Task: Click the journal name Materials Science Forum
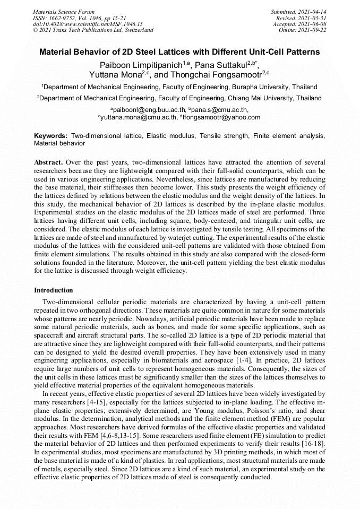click(64, 11)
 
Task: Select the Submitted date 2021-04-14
click(312, 11)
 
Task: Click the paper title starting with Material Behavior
click(180, 52)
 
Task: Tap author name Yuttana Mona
click(113, 75)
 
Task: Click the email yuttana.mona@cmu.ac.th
click(138, 117)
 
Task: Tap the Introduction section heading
click(54, 290)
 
